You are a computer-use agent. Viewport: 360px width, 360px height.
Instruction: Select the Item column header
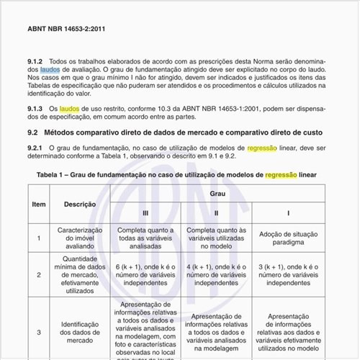pos(39,204)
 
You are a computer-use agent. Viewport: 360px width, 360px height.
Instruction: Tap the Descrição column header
pos(80,204)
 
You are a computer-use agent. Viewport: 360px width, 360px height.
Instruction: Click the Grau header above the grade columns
pos(217,194)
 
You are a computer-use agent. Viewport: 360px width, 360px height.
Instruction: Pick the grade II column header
pos(217,213)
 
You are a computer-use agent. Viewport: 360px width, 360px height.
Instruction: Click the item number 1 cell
pos(39,237)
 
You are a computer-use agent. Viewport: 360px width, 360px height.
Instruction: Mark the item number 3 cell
pos(39,332)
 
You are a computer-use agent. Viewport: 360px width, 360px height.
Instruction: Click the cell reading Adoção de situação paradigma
pos(288,238)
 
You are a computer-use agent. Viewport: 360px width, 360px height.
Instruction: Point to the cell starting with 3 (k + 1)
pos(288,274)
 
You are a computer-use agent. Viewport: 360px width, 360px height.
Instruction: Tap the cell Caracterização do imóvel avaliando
pos(80,237)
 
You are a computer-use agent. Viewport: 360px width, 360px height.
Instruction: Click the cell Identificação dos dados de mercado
pos(80,332)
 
